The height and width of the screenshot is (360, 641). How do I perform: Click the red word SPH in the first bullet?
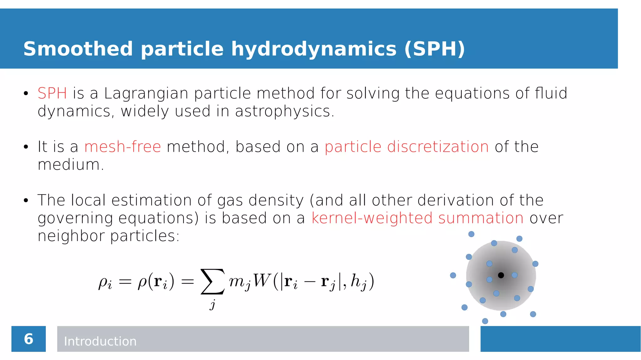coord(52,93)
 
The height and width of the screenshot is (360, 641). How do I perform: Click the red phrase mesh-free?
coord(122,147)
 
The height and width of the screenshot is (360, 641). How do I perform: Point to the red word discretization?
coord(438,147)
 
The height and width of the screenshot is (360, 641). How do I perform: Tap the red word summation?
coord(481,218)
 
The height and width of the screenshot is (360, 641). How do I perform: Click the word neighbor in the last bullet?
coord(71,236)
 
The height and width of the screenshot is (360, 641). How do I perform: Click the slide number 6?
coord(28,339)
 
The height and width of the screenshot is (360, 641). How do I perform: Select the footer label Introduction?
coord(100,341)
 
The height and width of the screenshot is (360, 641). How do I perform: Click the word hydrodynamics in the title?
coord(314,49)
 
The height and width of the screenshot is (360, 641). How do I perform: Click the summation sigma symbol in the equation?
coord(213,281)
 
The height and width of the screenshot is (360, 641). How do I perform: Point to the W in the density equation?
coord(261,280)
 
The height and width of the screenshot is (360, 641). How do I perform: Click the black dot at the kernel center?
coord(501,275)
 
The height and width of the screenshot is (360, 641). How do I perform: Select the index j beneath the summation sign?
coord(213,304)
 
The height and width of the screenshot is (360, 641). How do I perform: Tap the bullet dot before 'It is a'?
coord(26,147)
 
